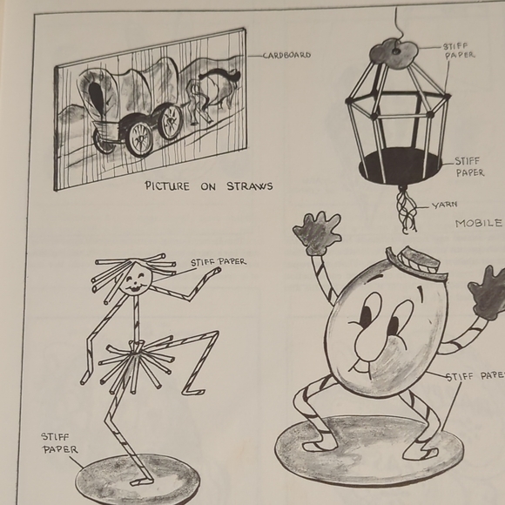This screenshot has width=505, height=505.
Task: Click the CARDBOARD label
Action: tap(286, 55)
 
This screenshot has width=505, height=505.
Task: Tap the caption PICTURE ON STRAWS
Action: tap(208, 185)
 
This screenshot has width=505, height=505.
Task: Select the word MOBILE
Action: tap(479, 224)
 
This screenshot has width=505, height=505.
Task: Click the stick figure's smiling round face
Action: tap(135, 279)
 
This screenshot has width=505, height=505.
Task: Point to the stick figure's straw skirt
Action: tap(131, 361)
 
